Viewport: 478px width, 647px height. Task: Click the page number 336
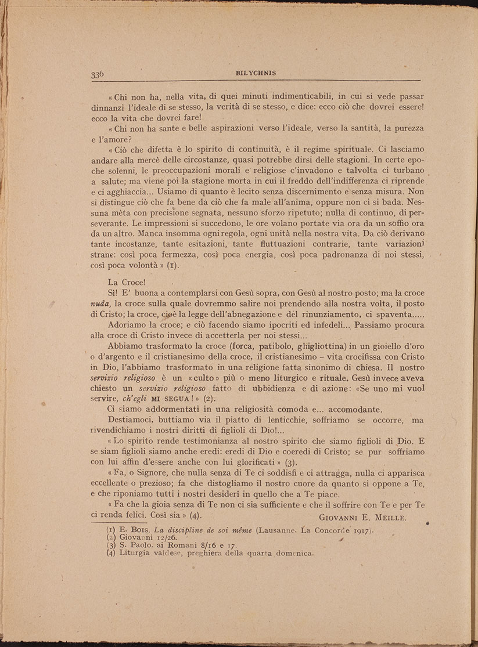pos(97,74)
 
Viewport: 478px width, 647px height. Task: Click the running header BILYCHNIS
pos(256,73)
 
